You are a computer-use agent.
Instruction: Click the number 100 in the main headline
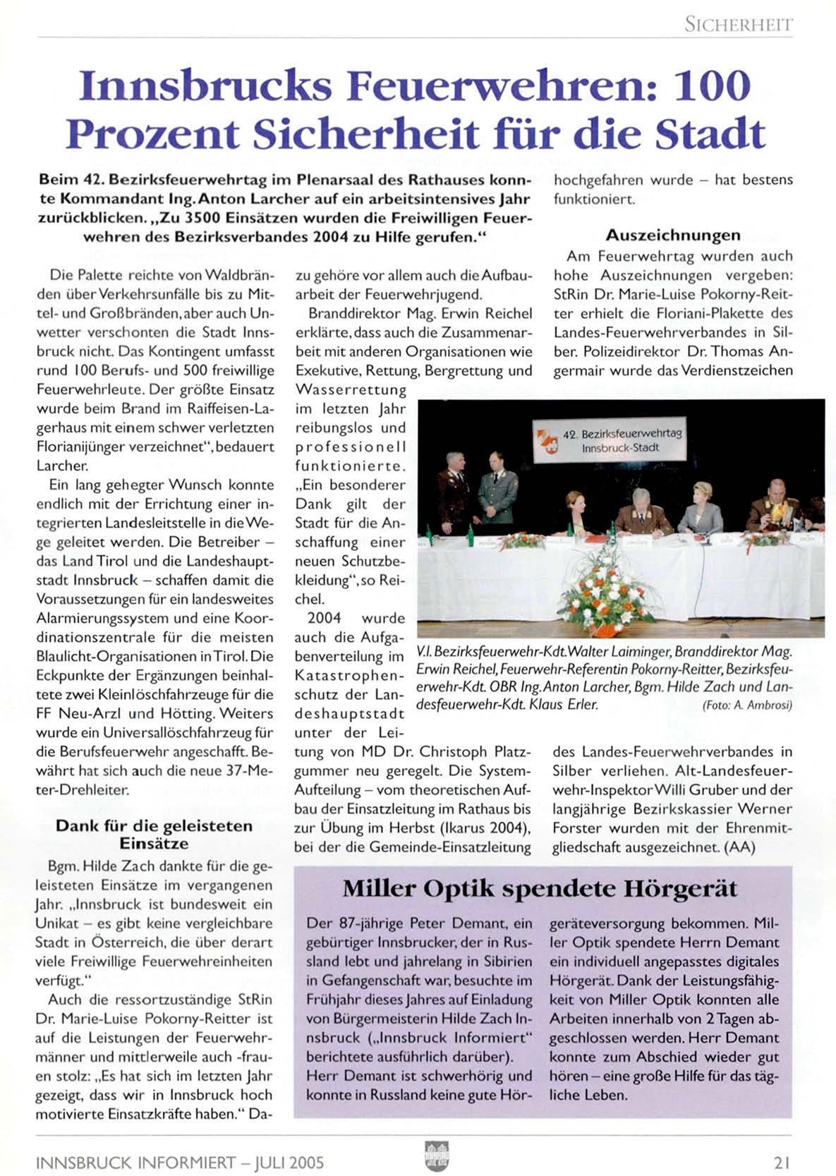[x=712, y=86]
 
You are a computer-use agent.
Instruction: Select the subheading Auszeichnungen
[x=673, y=235]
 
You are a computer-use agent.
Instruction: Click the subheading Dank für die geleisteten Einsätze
[x=154, y=835]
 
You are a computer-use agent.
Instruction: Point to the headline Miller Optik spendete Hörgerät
[x=540, y=889]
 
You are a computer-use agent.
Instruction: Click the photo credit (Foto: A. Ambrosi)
[x=747, y=705]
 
